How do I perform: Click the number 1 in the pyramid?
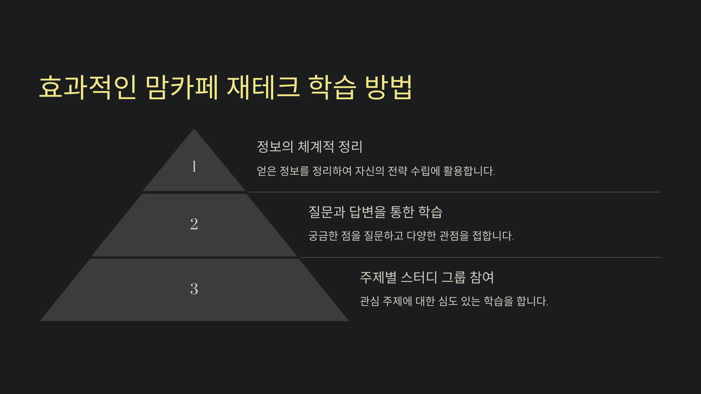point(194,166)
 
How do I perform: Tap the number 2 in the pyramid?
point(194,224)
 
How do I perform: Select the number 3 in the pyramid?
point(194,289)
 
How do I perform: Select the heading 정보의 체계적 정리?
point(310,147)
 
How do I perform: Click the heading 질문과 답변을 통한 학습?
point(376,212)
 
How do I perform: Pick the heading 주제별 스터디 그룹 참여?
point(427,277)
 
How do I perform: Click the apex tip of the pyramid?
point(194,129)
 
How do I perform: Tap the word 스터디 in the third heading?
point(419,277)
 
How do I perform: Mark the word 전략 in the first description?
point(397,171)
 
